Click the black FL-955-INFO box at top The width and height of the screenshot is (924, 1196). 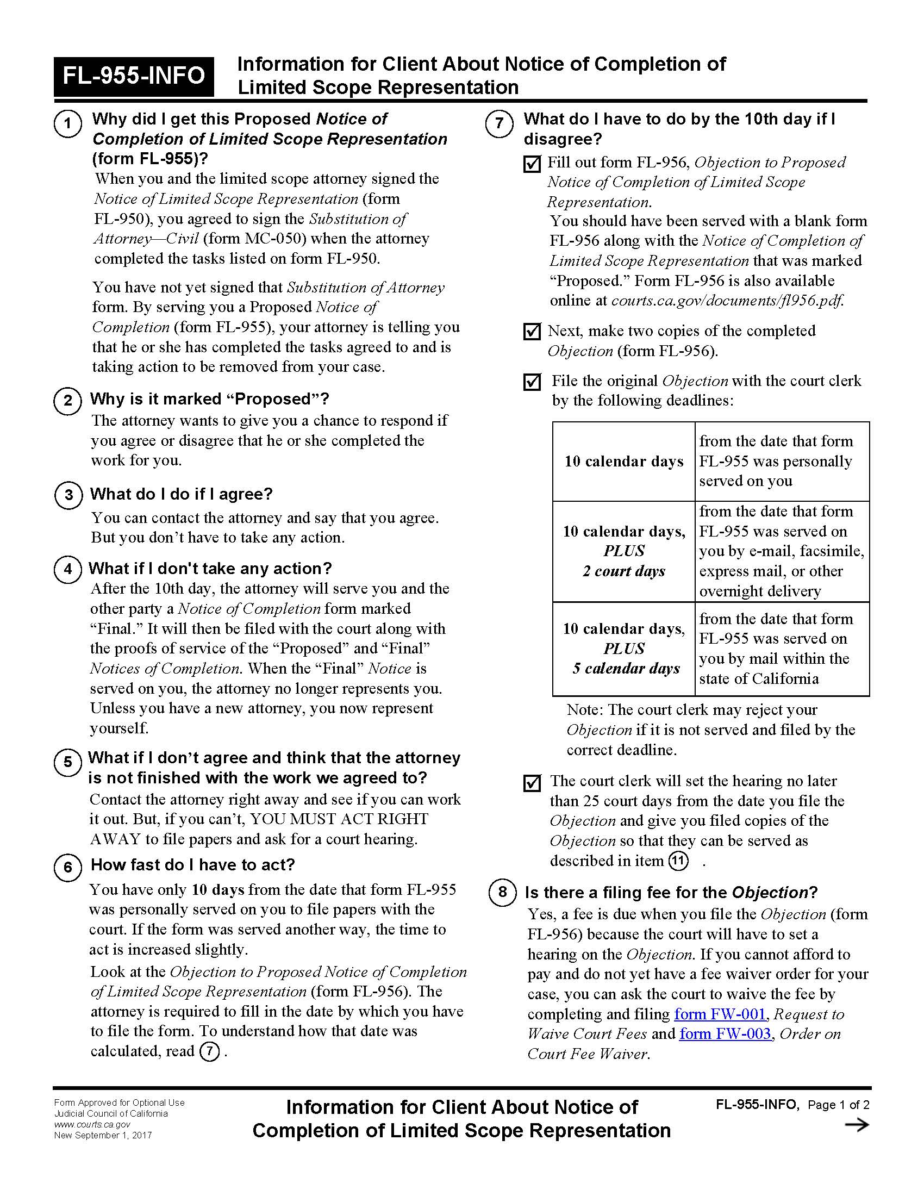coord(134,76)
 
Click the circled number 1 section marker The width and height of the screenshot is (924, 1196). coord(68,124)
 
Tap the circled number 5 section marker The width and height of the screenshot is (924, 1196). coord(68,762)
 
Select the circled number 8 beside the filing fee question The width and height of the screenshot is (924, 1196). coord(502,892)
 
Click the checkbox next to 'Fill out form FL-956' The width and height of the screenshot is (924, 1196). coord(532,164)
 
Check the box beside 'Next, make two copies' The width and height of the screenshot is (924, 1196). coord(532,332)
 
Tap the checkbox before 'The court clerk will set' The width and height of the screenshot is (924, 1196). coord(532,782)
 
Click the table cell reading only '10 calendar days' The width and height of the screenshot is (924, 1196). coord(623,461)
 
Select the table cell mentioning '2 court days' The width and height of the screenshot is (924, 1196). coord(623,551)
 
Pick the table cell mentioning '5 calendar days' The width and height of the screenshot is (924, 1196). coord(623,649)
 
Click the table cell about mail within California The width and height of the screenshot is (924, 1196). coord(782,649)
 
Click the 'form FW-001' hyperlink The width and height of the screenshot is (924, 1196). coord(719,1014)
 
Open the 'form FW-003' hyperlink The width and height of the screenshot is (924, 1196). coord(725,1033)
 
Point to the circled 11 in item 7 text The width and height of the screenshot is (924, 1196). coord(678,861)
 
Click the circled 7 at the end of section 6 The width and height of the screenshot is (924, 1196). coord(209,1051)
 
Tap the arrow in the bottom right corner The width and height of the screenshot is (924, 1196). coord(857,1125)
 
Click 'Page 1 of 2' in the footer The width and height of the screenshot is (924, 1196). coord(838,1105)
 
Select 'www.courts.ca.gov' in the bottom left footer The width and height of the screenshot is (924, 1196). coord(92,1124)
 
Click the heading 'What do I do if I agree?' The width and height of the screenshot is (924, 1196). coord(181,494)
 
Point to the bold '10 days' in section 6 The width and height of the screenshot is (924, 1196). coord(218,889)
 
